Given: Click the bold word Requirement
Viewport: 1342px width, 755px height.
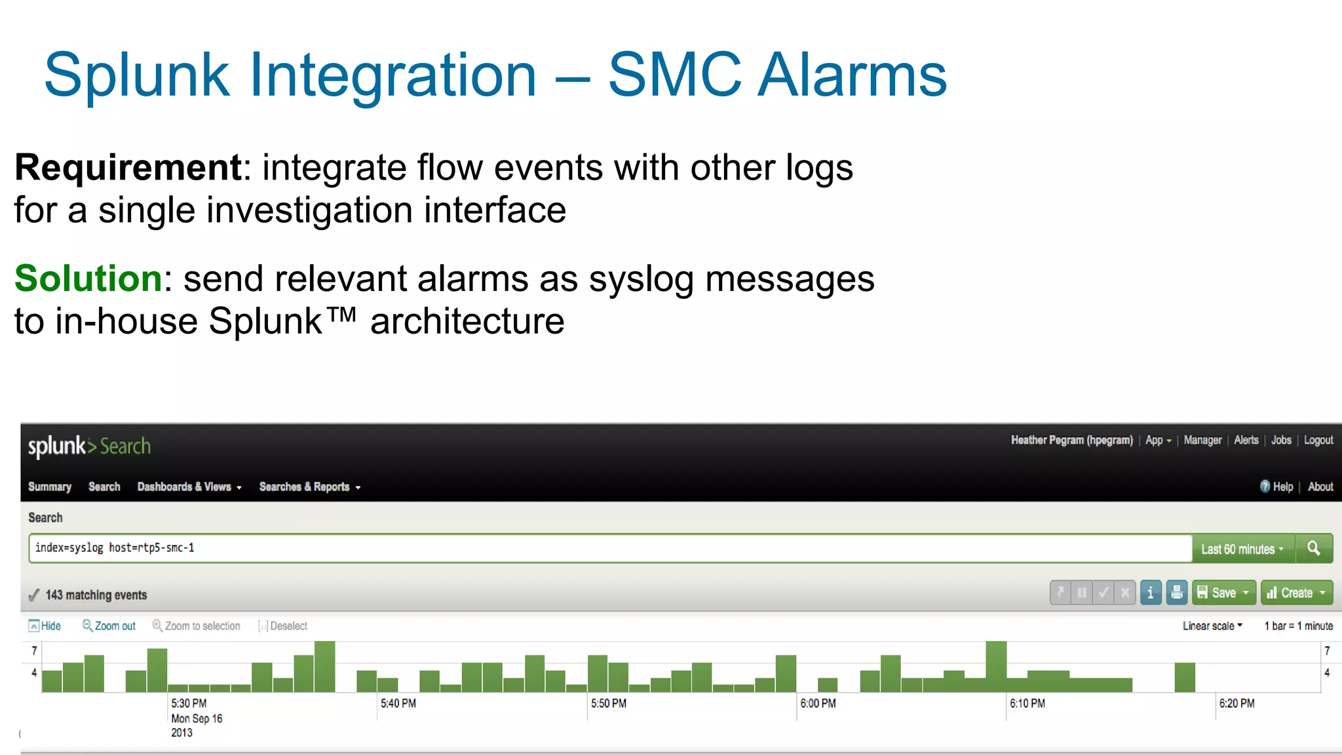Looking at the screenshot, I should point(128,168).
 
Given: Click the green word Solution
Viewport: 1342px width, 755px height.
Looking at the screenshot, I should point(88,279).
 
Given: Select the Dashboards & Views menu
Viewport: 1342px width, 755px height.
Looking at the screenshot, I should point(189,487).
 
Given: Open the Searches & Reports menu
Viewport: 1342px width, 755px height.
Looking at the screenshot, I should point(309,487).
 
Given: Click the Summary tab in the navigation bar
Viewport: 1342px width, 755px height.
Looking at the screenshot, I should point(50,487).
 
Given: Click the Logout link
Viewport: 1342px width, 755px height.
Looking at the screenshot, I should point(1318,440).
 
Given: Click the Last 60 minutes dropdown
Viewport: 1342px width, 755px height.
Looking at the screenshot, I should point(1242,549).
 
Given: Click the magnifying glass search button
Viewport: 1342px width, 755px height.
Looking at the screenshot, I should point(1314,549).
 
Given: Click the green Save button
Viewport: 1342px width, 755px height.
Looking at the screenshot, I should point(1223,593).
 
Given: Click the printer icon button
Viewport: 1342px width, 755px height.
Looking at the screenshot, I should point(1177,593).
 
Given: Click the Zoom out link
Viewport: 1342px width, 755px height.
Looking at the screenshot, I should point(109,626).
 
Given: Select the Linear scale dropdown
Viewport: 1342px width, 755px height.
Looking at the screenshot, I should point(1212,626).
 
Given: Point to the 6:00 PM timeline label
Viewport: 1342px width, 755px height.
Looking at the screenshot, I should point(818,703).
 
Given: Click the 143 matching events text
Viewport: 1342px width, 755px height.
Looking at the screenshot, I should point(96,595).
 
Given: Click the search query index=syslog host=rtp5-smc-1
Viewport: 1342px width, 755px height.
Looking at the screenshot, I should point(115,548).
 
